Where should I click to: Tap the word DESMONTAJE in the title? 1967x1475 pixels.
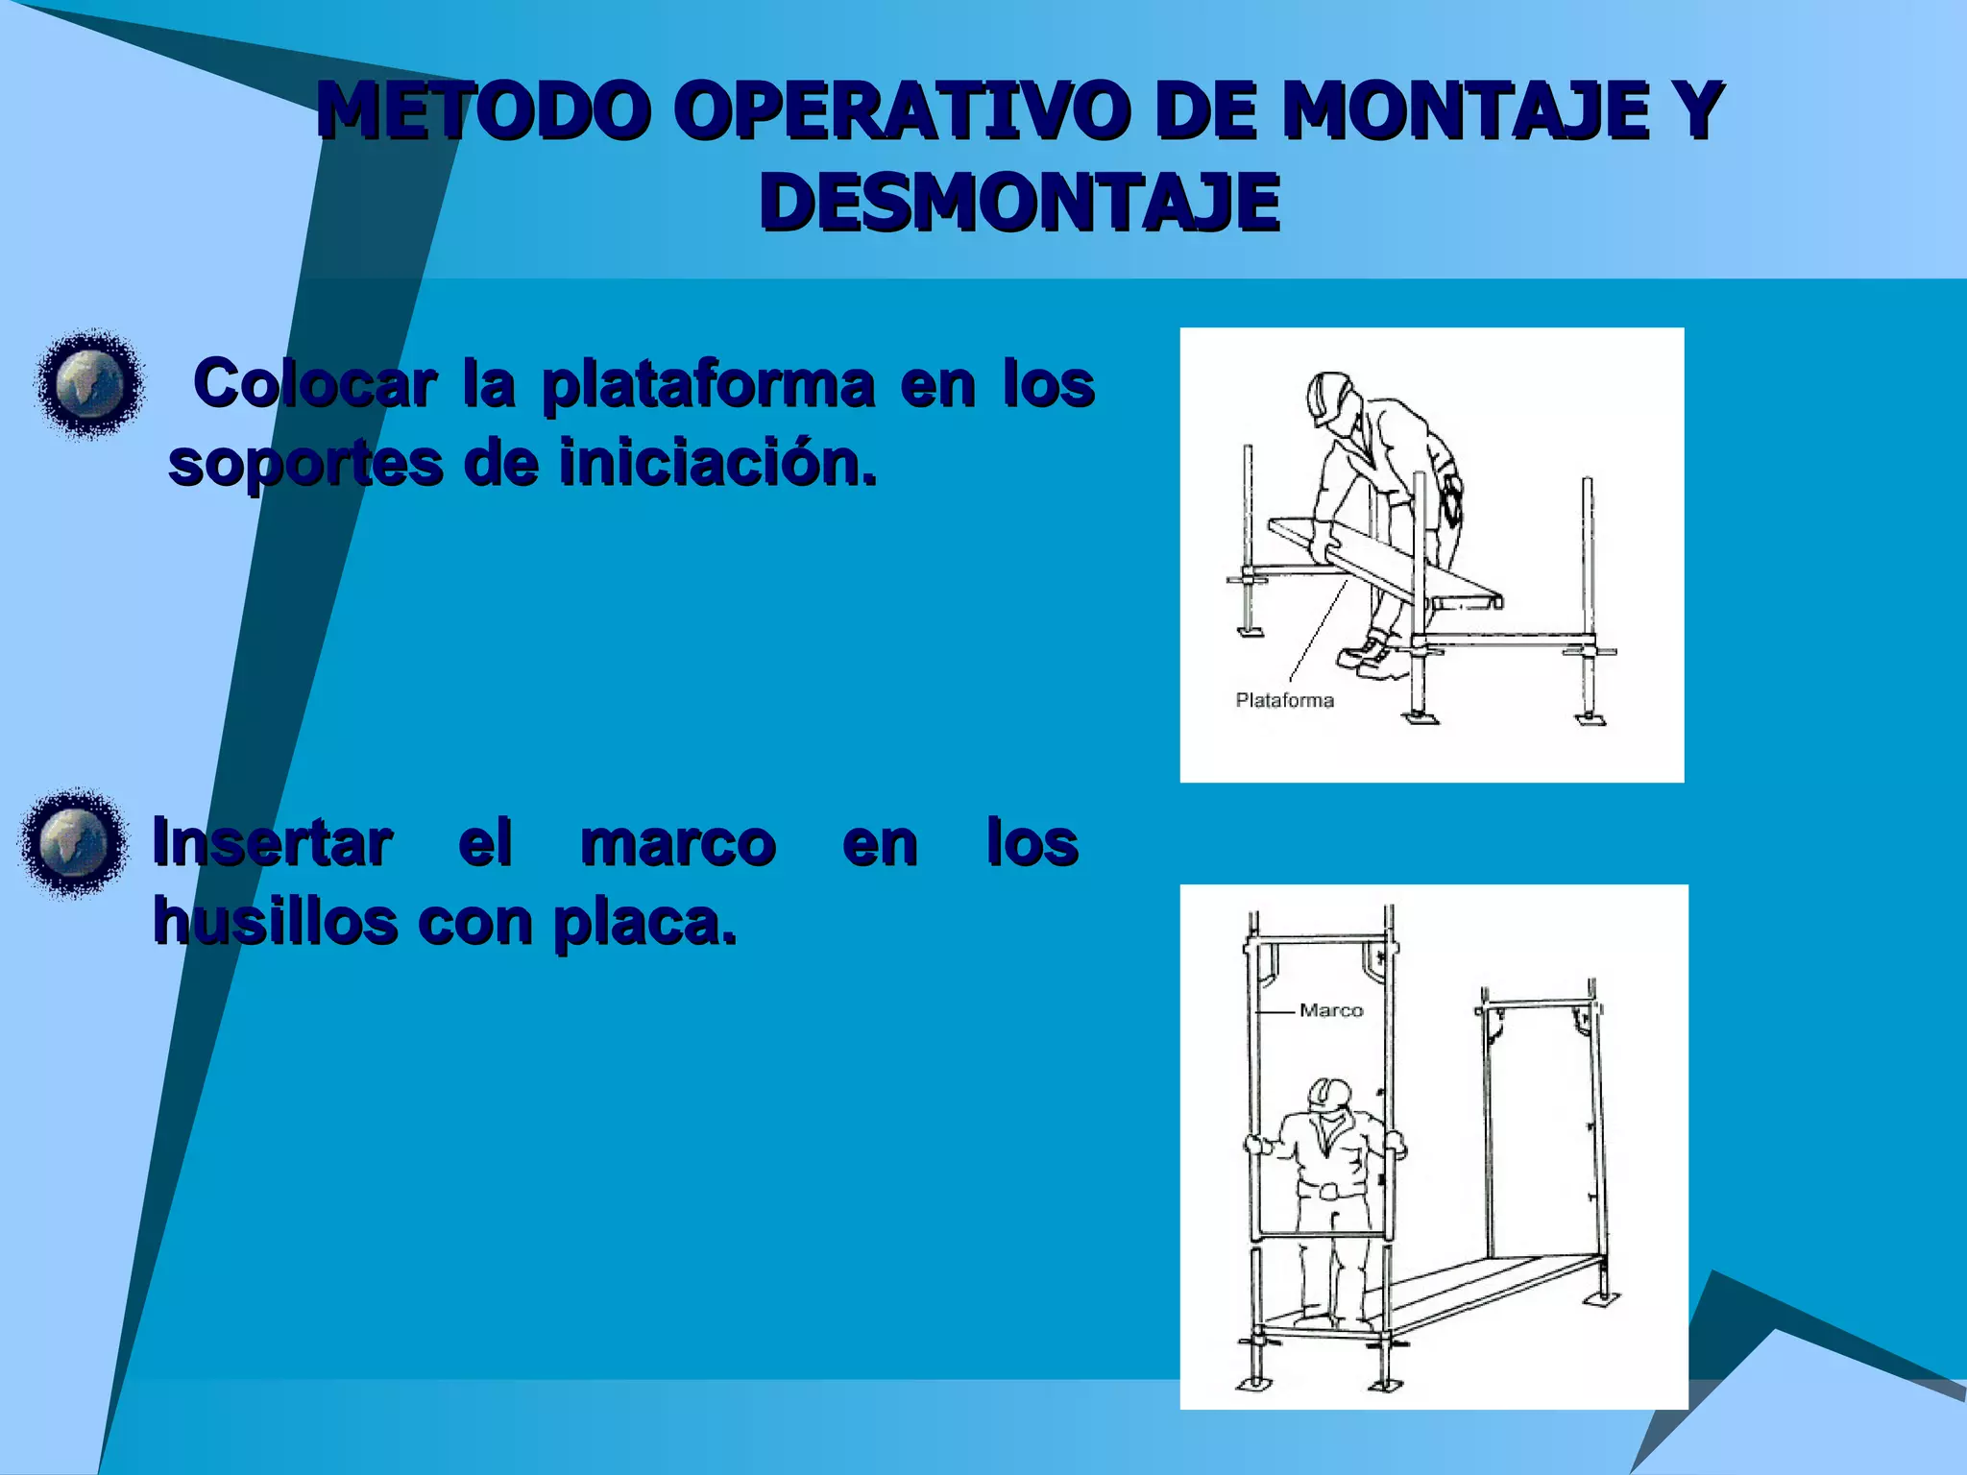point(1020,203)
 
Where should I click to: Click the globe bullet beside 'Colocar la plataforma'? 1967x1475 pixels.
point(90,384)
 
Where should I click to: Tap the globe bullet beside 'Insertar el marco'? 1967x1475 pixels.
point(73,843)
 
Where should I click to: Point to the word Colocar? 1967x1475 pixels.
point(315,384)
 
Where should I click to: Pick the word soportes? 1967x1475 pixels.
point(305,465)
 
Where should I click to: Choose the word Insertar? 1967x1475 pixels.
point(272,843)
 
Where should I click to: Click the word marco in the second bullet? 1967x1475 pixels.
point(678,843)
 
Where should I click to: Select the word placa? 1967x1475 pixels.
point(645,924)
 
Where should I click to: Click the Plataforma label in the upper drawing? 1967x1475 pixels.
point(1284,700)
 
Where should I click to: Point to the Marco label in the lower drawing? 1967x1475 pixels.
point(1331,1010)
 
